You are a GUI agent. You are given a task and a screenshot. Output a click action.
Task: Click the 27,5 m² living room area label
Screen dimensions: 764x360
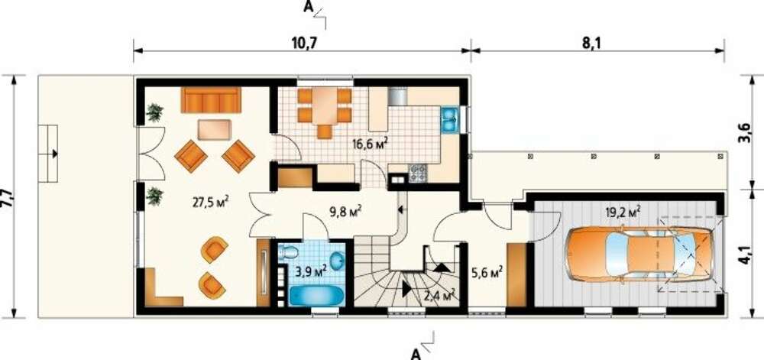(x=212, y=202)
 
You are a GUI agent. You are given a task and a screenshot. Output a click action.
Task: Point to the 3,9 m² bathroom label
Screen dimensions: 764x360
(x=310, y=271)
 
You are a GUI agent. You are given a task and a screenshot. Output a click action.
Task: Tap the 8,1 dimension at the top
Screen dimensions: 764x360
(x=591, y=43)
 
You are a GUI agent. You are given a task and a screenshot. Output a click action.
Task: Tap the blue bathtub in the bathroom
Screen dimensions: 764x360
(x=317, y=295)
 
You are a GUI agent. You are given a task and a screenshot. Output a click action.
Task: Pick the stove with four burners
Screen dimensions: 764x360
(x=419, y=171)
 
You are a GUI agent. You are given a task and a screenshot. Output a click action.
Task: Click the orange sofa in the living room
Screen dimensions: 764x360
(x=211, y=100)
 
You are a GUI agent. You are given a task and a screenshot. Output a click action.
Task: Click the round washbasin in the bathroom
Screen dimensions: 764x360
(x=337, y=261)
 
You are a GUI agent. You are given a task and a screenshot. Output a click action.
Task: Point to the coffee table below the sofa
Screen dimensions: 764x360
(x=215, y=130)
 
